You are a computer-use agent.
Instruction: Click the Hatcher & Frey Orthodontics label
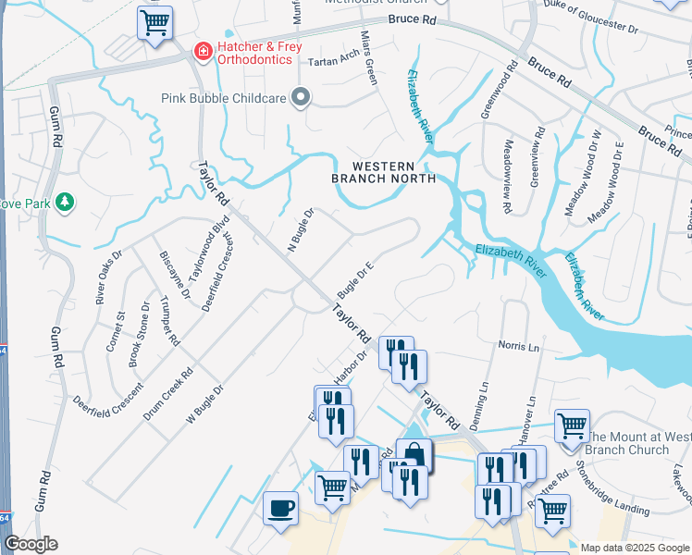coord(254,53)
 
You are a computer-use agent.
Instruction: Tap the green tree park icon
coord(65,201)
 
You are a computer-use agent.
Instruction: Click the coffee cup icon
coord(280,507)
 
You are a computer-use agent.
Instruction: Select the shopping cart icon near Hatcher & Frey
coord(154,22)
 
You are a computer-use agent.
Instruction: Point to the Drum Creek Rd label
coord(167,396)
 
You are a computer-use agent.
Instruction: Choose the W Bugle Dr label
coord(205,405)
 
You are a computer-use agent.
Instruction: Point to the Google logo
coord(31,544)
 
